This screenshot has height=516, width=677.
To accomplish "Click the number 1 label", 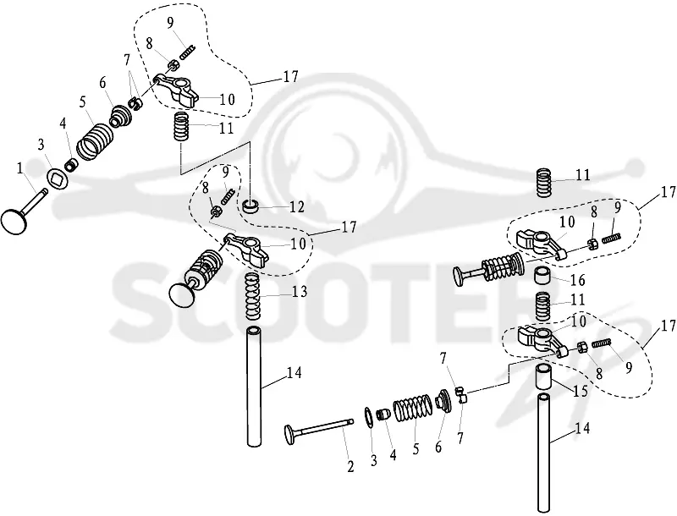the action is pos(19,168).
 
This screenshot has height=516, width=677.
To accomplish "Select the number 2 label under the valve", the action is pos(350,466).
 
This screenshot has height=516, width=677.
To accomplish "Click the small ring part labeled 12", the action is pos(250,206).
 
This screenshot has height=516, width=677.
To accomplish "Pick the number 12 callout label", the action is pos(296,207).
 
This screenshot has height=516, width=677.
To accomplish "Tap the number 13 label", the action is pos(299,292).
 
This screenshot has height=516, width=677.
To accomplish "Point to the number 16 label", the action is pos(577,281).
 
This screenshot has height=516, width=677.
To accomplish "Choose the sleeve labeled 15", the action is pos(545,376).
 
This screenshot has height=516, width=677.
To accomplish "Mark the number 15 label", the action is pos(580,392).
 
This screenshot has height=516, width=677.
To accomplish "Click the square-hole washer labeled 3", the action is pos(55,178).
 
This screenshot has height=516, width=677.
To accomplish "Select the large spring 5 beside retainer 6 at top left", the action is pos(96,141).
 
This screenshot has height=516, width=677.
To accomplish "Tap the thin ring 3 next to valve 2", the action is pos(368,417).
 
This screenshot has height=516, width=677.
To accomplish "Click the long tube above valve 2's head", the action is pos(255,387).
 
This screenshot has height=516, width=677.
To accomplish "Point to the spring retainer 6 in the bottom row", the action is pos(443,401).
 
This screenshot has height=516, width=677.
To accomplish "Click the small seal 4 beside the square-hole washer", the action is pos(72,165).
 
